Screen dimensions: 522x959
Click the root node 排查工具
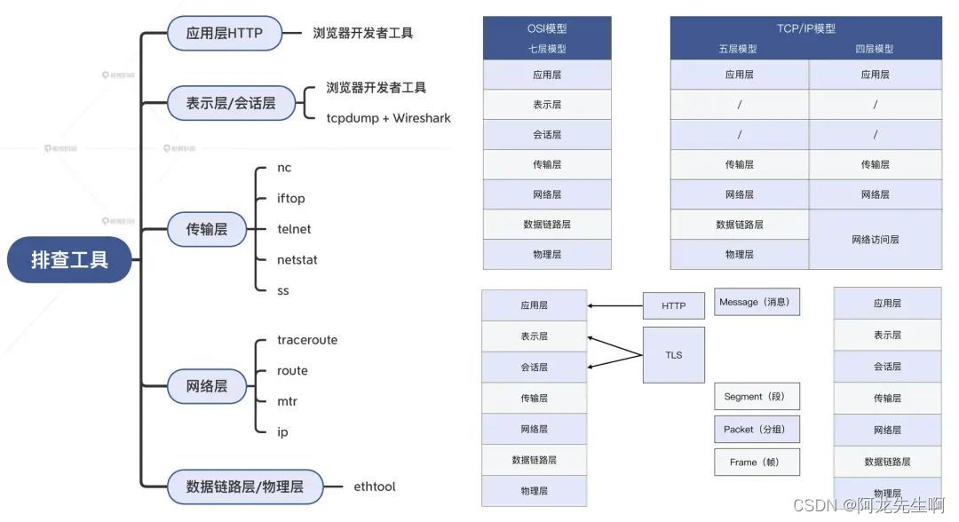[x=69, y=260]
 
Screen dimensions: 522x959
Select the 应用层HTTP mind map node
[x=226, y=33]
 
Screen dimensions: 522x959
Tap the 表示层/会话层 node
[x=231, y=102]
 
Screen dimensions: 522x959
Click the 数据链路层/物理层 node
[x=244, y=486]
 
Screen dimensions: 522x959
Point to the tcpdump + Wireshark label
[x=389, y=118]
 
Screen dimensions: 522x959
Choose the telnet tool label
[x=294, y=229]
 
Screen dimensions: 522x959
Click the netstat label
[x=297, y=260]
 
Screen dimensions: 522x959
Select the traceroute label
[x=307, y=340]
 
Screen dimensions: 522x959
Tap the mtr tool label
[x=287, y=401]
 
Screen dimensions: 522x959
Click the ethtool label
[x=375, y=486]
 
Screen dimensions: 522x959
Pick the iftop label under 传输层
[x=290, y=198]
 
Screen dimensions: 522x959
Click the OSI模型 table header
[x=546, y=28]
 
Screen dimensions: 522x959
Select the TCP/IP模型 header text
[x=805, y=28]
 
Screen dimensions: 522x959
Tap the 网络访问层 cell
[x=875, y=240]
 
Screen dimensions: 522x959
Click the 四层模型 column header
[x=875, y=50]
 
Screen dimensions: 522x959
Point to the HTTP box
[x=673, y=306]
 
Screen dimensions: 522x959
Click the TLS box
[x=673, y=355]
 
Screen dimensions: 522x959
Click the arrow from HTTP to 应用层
[x=614, y=306]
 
